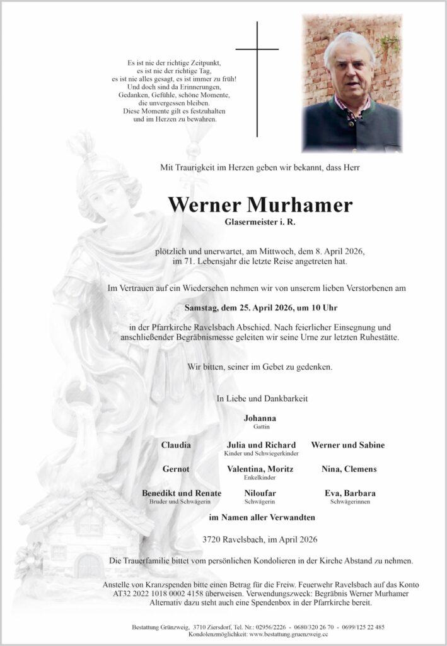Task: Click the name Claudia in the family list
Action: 177,445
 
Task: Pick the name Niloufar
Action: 259,493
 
